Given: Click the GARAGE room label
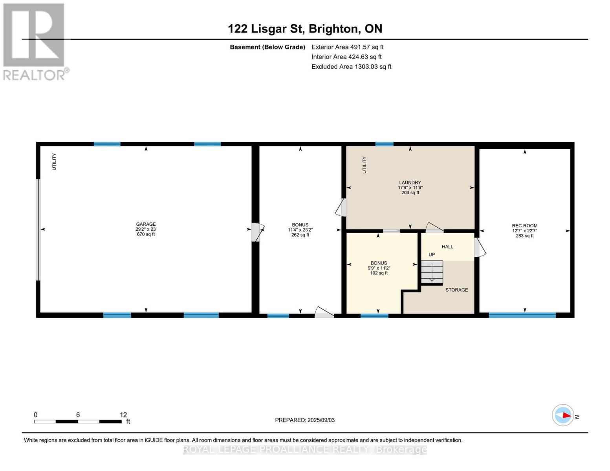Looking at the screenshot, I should coord(146,224).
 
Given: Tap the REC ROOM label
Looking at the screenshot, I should coord(524,226).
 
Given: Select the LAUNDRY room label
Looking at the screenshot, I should coord(410,183).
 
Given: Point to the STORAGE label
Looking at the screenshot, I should coord(456,290).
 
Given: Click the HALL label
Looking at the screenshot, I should coord(447,247).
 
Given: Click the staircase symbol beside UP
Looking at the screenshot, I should coord(432,272).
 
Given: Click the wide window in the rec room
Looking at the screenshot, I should coord(522,315).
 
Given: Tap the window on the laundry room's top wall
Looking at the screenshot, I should coord(384,144).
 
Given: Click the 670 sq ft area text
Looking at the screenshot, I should coord(146,234).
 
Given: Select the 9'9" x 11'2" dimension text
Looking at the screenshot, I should coord(379,268).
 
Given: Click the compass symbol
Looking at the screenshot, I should coord(563,415).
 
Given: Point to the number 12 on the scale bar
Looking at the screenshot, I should coord(123,415).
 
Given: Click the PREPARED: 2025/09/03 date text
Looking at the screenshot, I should coord(305,420).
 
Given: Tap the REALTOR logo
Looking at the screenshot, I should coord(35,41).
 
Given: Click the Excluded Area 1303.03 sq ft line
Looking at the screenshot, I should coord(351,67).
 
